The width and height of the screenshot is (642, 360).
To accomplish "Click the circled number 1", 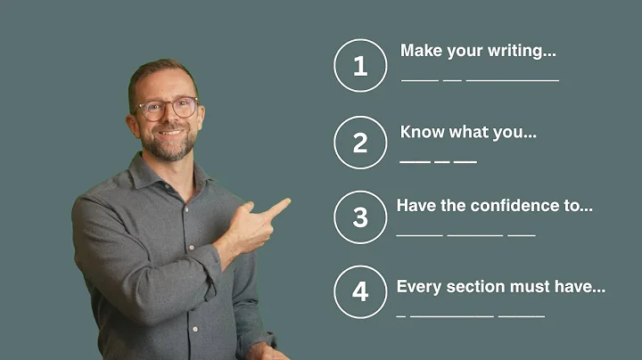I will point(360,65).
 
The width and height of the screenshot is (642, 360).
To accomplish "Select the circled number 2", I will point(360,143).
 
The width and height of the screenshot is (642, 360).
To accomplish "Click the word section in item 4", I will point(472,287).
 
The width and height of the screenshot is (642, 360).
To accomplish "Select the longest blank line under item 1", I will point(513,80).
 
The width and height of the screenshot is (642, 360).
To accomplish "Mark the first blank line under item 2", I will point(415,161).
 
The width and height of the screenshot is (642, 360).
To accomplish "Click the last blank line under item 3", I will point(521,236).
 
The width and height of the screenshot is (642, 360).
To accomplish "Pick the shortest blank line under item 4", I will point(400,315).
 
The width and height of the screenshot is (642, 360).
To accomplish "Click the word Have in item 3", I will point(414,206).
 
